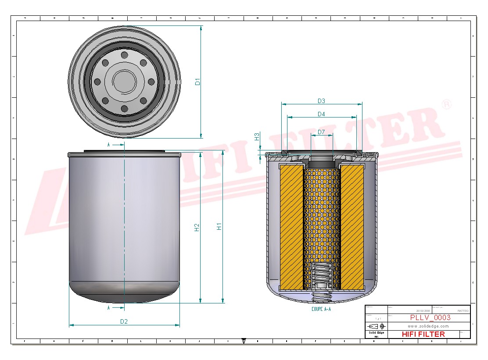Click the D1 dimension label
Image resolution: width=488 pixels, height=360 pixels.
pyautogui.click(x=197, y=82)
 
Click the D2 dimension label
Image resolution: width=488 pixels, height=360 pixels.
pyautogui.click(x=124, y=321)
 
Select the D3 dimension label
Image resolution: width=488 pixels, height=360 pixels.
pyautogui.click(x=321, y=101)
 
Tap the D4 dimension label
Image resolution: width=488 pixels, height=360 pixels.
pyautogui.click(x=321, y=114)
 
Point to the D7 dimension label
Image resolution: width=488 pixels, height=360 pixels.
pyautogui.click(x=321, y=132)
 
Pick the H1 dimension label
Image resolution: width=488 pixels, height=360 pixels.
pyautogui.click(x=219, y=227)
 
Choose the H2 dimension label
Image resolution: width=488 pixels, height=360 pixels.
pyautogui.click(x=197, y=227)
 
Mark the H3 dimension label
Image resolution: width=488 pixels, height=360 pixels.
pyautogui.click(x=257, y=137)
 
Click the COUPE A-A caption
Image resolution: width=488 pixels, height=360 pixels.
pyautogui.click(x=321, y=309)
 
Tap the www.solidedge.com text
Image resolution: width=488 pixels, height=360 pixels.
pyautogui.click(x=428, y=326)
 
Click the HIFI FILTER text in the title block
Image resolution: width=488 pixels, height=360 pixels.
pyautogui.click(x=423, y=334)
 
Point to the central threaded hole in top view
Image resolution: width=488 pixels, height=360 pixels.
pyautogui.click(x=124, y=81)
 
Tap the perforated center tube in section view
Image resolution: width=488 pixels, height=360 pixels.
pyautogui.click(x=321, y=215)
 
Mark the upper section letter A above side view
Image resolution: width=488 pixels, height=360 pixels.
pyautogui.click(x=109, y=144)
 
